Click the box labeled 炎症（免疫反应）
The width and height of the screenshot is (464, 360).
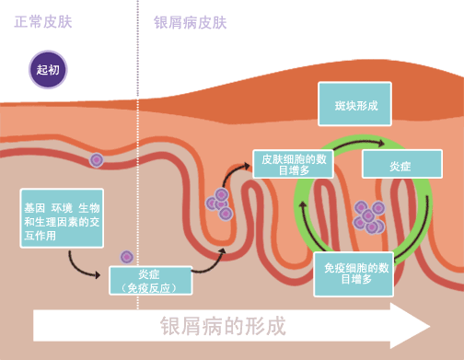(x=150, y=280)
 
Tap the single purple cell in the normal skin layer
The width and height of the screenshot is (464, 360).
(x=96, y=160)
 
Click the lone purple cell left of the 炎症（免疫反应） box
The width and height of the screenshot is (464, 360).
(x=127, y=257)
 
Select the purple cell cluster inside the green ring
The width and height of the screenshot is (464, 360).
(x=369, y=217)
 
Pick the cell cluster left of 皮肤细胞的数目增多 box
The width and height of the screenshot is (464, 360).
(x=220, y=203)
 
